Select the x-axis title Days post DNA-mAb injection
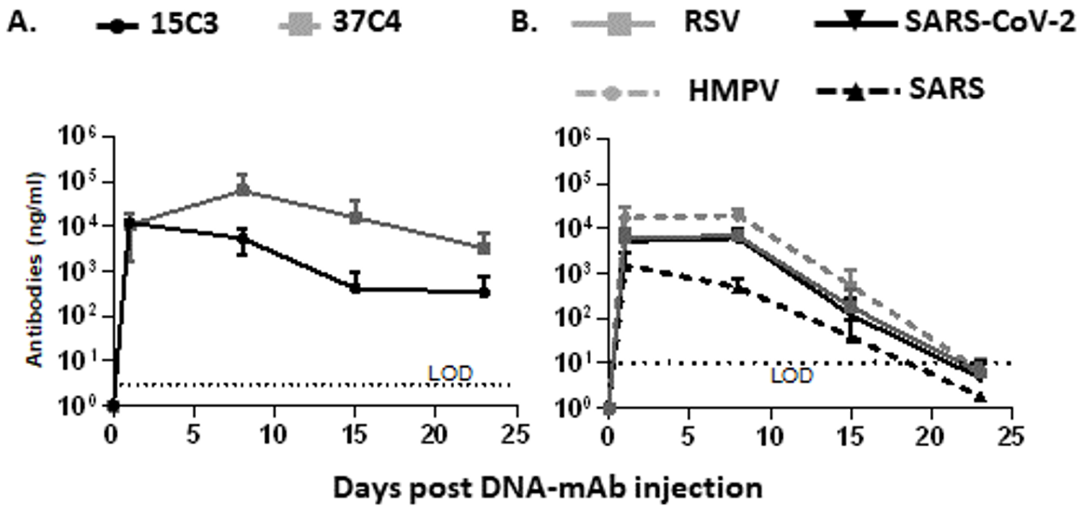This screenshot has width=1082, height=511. pos(548,487)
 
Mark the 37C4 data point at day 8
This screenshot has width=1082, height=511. pos(243,190)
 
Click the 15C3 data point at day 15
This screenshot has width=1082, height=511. pos(355,288)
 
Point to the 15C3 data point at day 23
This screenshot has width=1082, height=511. pos(485,292)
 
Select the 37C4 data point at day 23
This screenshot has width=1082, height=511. pos(485,247)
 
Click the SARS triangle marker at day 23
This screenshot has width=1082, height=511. pos(980,396)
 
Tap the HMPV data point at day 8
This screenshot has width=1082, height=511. pos(737,215)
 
